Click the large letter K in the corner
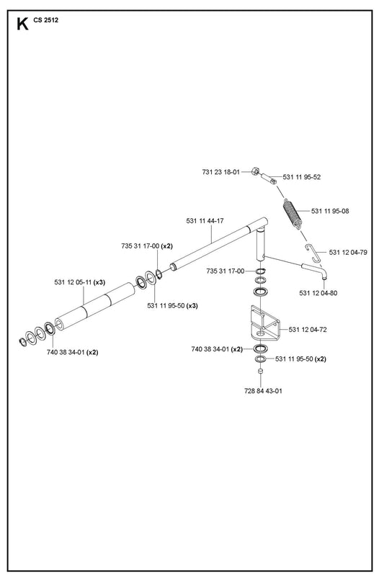point(22,24)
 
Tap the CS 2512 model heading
point(46,20)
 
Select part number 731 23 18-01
point(221,172)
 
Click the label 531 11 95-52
point(302,177)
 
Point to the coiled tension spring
point(293,215)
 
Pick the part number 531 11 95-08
point(330,211)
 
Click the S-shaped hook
point(314,253)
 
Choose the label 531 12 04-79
point(348,252)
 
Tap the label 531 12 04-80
point(318,293)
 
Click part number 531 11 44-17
point(205,221)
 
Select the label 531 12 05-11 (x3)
point(80,282)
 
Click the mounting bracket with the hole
point(265,323)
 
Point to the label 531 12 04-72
point(308,330)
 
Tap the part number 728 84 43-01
point(263,391)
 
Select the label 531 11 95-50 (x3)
point(172,306)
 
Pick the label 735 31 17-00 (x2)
point(147,246)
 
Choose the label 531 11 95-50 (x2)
point(300,359)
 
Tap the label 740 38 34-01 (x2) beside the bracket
point(217,349)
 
